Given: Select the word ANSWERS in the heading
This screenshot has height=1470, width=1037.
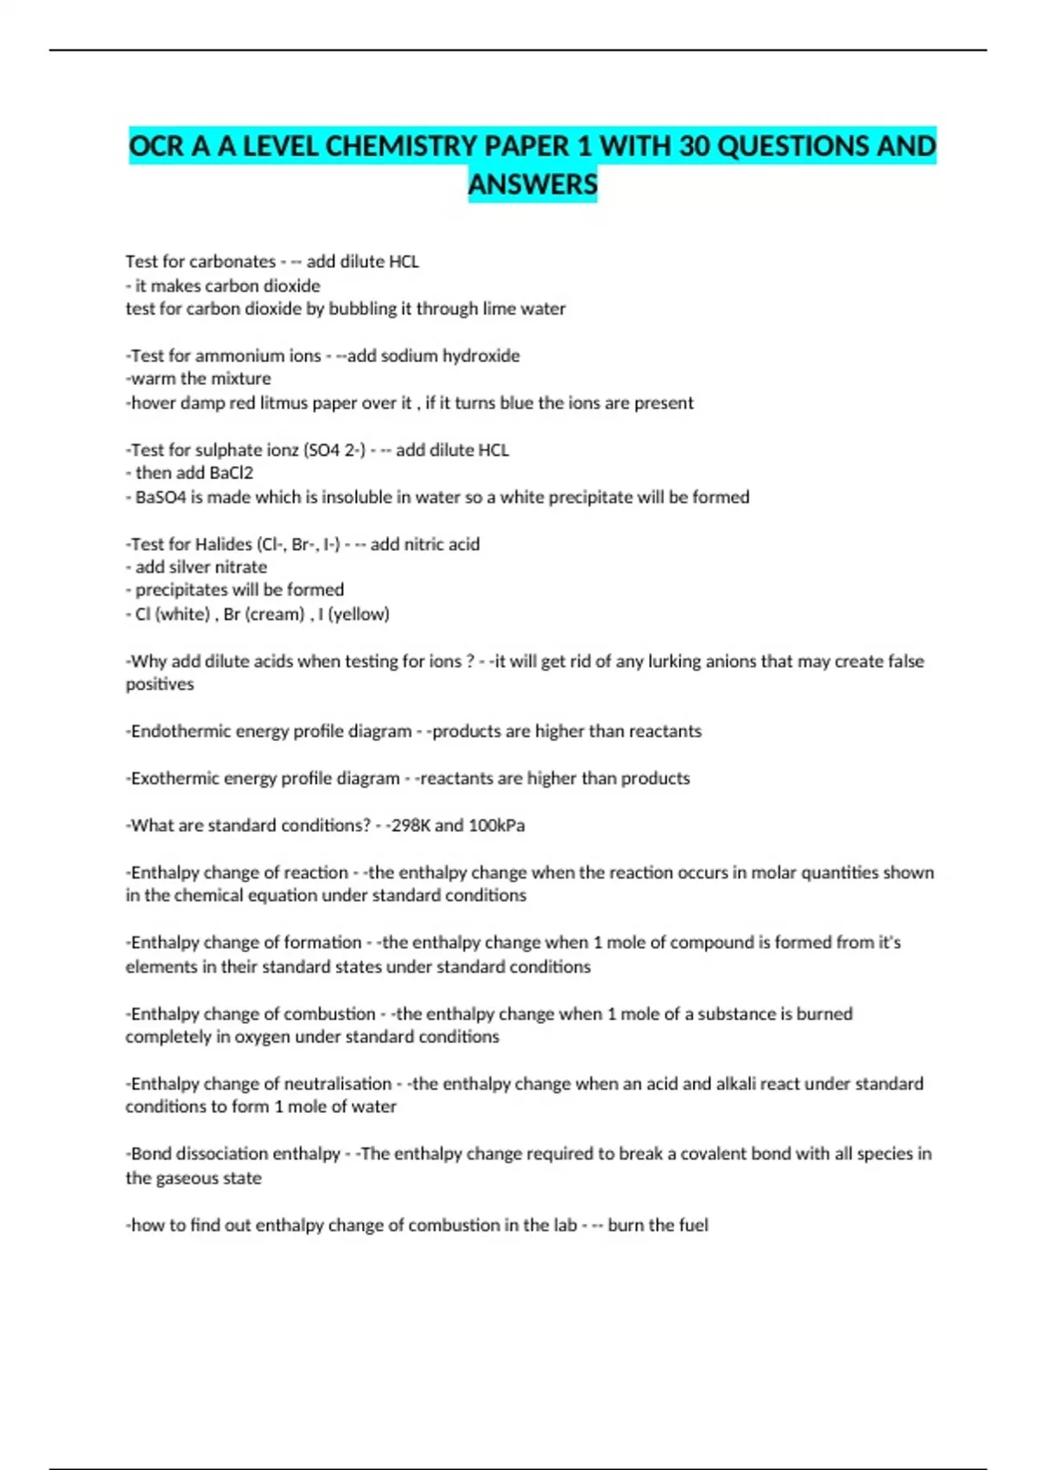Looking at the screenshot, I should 532,184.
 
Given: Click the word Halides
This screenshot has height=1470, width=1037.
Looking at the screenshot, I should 223,544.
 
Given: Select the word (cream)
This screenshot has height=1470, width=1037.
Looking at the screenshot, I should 275,614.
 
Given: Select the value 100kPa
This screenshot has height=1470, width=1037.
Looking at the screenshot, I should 496,826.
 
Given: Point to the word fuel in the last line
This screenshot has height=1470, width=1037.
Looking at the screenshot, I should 693,1225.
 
